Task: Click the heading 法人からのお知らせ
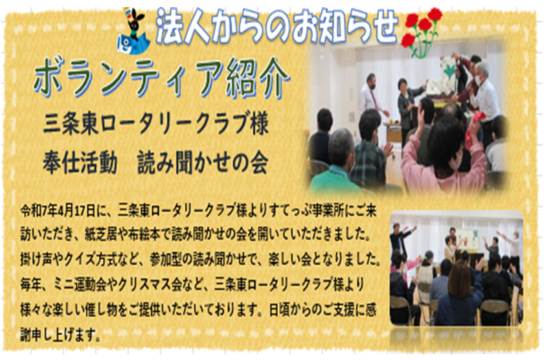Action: (277, 26)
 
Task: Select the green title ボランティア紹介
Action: (161, 78)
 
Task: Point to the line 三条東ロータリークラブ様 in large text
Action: (156, 124)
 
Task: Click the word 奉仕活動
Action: (80, 163)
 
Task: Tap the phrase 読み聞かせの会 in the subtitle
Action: (203, 163)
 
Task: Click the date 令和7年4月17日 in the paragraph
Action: (58, 211)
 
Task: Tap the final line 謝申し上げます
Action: (60, 335)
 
